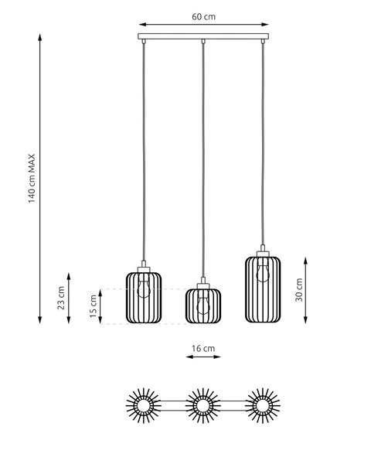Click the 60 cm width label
point(203,15)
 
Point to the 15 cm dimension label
point(94,306)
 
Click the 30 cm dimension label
point(298,289)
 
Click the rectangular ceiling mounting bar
point(203,36)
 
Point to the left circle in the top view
point(142,404)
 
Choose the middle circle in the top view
point(203,404)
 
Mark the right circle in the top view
point(263,404)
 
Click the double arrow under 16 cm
point(203,358)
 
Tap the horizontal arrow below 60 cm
point(203,24)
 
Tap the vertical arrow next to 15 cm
point(101,306)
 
